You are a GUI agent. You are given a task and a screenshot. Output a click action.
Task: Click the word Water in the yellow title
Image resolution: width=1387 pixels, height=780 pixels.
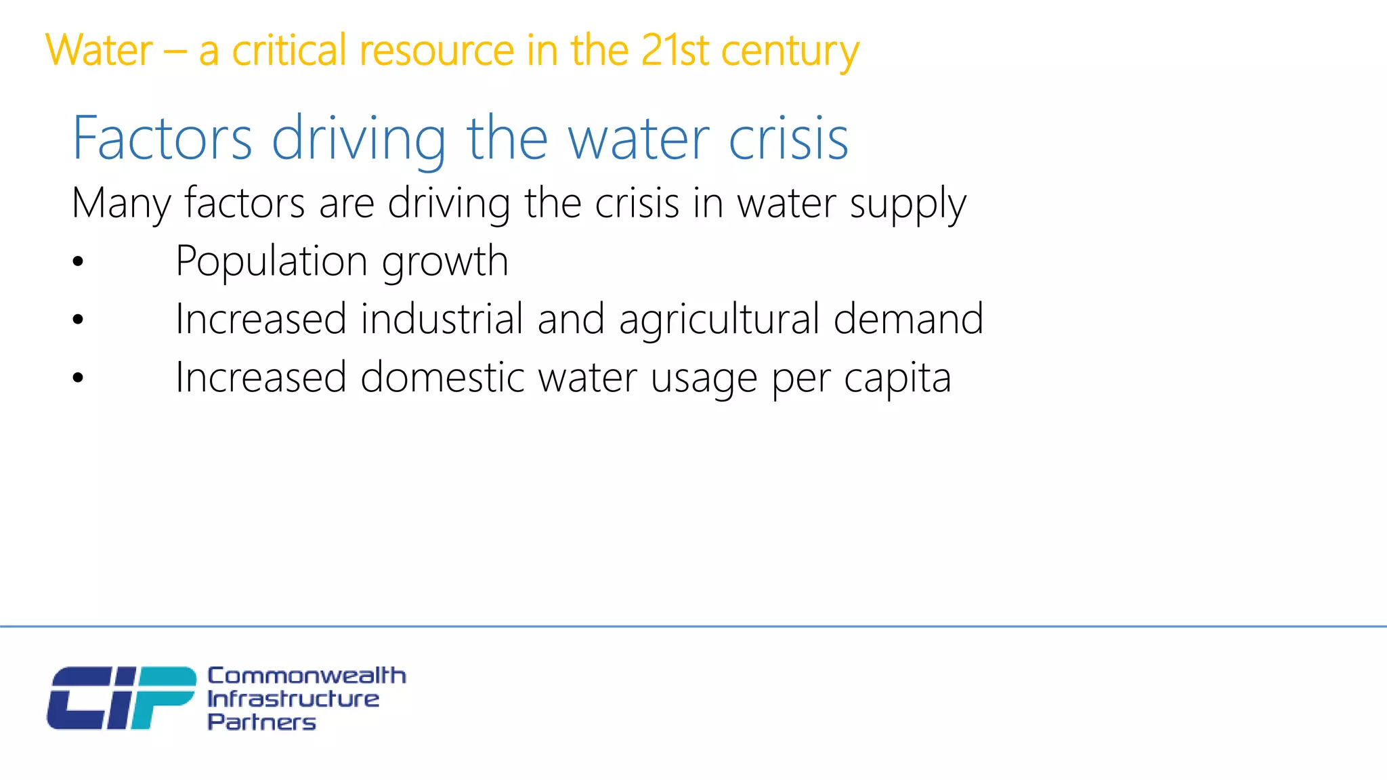(x=99, y=51)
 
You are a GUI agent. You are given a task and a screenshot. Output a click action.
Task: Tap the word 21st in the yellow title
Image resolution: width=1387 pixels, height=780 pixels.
(x=674, y=51)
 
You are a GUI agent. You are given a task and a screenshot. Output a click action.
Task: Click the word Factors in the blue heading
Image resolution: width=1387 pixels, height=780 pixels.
(x=163, y=139)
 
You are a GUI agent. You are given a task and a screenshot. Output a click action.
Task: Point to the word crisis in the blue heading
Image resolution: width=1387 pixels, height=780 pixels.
(x=788, y=139)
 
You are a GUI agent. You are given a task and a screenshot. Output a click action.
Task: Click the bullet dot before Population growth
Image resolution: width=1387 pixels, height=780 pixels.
(x=79, y=262)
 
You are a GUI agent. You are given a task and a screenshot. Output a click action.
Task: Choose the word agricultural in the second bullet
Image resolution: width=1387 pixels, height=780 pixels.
(x=719, y=320)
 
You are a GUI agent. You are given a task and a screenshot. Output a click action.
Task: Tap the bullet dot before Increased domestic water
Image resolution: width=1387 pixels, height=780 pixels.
(x=79, y=378)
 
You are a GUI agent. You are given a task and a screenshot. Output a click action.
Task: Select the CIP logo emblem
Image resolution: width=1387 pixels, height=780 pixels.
(x=121, y=698)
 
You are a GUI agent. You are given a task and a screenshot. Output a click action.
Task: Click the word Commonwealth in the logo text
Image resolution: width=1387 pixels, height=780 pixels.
(x=306, y=675)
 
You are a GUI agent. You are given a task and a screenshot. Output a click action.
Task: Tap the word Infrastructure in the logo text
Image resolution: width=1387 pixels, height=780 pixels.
(x=293, y=699)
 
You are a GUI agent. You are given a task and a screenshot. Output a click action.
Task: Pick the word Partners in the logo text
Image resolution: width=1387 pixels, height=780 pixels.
(x=261, y=722)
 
